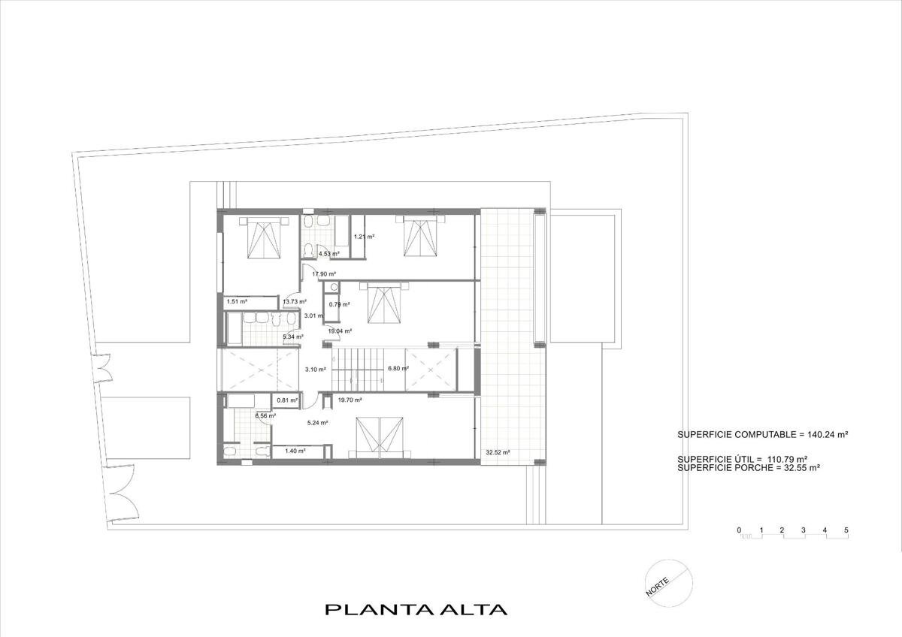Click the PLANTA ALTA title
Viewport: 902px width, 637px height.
[x=416, y=609]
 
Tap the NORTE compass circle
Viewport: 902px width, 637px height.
[x=669, y=583]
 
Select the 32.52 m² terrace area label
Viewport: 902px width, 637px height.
[x=498, y=452]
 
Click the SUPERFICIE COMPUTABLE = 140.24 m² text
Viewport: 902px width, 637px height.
[x=763, y=435]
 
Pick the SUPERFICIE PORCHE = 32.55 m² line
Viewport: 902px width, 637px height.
[x=749, y=467]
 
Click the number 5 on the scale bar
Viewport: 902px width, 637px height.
[x=846, y=530]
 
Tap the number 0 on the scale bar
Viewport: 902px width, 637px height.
[x=739, y=530]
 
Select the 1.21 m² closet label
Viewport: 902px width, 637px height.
[x=364, y=237]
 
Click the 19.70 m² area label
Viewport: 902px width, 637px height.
[x=350, y=400]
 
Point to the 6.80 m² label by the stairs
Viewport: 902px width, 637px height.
[x=398, y=368]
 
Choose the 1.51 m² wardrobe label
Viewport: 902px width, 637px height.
[x=237, y=301]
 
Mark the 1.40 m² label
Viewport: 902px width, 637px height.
[x=295, y=451]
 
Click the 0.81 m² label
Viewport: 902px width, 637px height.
[x=287, y=400]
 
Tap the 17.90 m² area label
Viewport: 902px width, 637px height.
[x=324, y=274]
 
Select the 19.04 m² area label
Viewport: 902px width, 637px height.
[x=340, y=331]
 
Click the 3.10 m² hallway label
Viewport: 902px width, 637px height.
[x=315, y=369]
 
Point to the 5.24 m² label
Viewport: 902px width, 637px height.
[x=317, y=423]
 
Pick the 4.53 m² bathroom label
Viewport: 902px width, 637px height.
[x=329, y=254]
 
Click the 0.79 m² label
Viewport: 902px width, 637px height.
[x=339, y=304]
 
